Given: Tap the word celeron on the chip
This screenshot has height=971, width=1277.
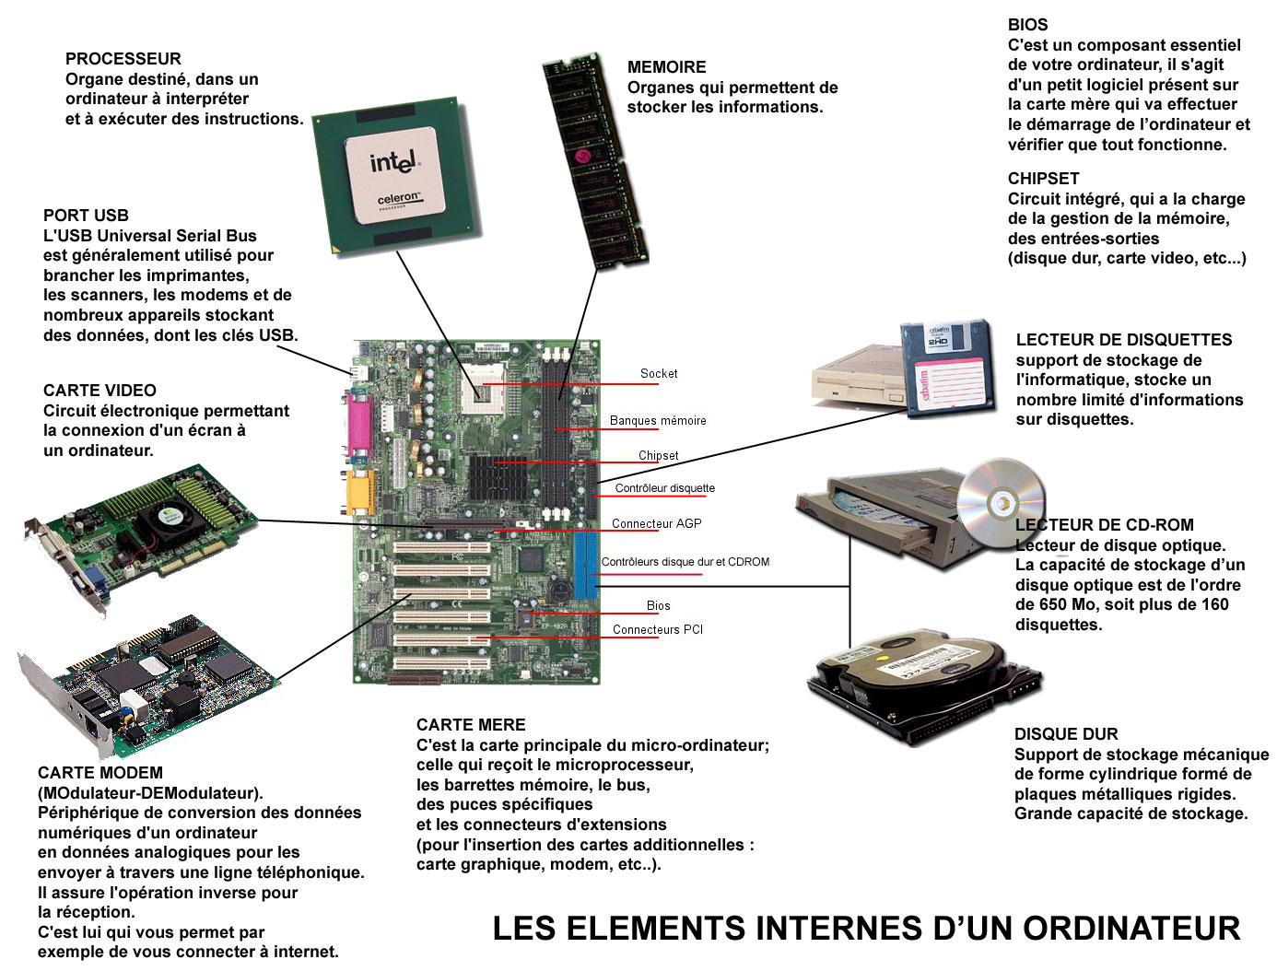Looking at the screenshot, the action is tap(399, 199).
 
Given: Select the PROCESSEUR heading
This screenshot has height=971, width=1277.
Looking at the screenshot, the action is tap(123, 59).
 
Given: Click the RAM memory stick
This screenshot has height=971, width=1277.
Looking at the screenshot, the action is tap(595, 160).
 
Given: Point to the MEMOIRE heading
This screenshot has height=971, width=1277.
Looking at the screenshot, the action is tap(666, 67).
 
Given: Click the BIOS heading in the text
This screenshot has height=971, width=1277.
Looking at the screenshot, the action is tap(1027, 25).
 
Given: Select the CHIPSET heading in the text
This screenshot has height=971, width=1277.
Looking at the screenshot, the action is tap(1043, 179).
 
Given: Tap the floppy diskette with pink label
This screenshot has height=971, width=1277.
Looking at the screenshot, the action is tap(946, 368).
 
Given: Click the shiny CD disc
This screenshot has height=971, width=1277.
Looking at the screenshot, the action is tap(1001, 503).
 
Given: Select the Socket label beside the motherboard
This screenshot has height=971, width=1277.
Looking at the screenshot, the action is tap(659, 373).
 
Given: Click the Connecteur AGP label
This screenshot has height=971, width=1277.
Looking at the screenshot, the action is tap(656, 523).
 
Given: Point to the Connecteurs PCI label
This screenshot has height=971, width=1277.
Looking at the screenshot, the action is tap(658, 629).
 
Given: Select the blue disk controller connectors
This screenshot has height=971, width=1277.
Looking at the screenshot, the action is tap(586, 567).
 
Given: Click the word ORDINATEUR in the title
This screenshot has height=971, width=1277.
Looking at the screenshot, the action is tap(1131, 929).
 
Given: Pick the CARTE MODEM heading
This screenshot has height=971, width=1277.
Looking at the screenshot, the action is tap(100, 773).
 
